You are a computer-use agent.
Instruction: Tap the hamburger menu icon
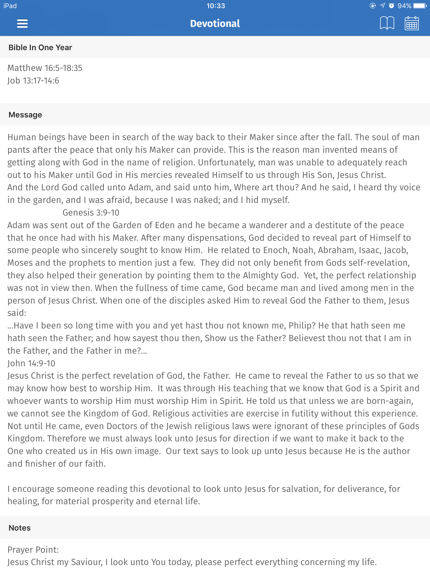pos(22,24)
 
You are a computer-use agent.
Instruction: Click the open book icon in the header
pos(387,23)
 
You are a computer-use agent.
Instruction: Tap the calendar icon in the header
pos(412,23)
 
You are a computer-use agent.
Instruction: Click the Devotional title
pos(215,24)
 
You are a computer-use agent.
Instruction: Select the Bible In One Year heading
pos(40,47)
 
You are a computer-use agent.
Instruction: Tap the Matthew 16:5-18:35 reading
pos(45,68)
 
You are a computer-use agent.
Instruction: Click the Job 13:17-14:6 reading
pos(33,81)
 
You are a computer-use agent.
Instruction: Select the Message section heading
pos(25,115)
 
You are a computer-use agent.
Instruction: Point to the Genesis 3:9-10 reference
pos(91,212)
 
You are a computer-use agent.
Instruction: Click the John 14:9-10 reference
pos(31,363)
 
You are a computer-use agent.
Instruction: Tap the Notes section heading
pos(20,528)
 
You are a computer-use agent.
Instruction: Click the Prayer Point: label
pos(33,550)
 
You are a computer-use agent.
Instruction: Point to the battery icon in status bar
pos(420,6)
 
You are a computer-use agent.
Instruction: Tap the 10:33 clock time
pos(216,6)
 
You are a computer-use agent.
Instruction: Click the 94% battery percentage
pos(404,6)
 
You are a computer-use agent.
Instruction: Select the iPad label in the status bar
pos(10,6)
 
